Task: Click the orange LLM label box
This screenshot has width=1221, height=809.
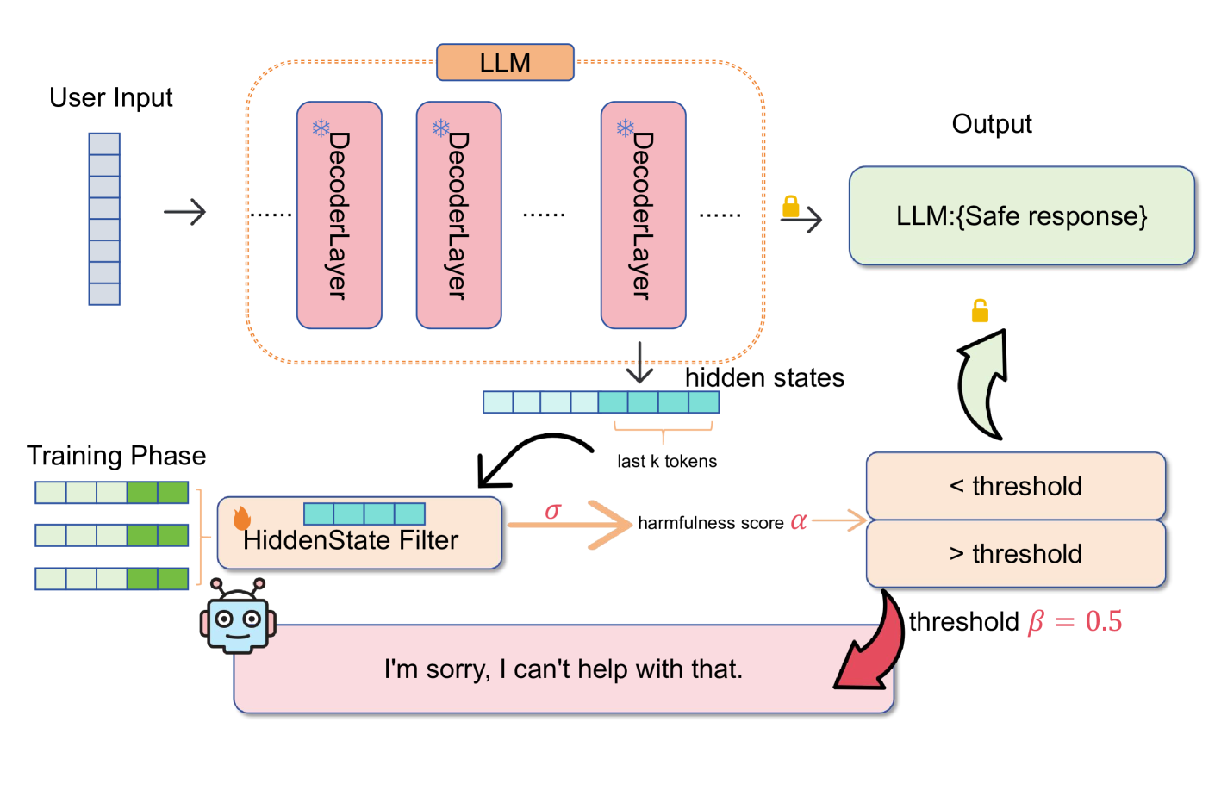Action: pyautogui.click(x=505, y=63)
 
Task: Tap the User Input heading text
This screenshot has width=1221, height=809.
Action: pyautogui.click(x=110, y=98)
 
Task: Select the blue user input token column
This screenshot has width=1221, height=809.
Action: pyautogui.click(x=104, y=219)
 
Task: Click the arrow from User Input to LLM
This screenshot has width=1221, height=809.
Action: pyautogui.click(x=185, y=212)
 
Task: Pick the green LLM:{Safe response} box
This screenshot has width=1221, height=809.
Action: pyautogui.click(x=1021, y=215)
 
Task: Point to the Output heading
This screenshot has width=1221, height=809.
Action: pyautogui.click(x=991, y=124)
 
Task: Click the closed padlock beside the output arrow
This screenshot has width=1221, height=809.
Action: pyautogui.click(x=790, y=206)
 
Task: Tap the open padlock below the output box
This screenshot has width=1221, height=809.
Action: pyautogui.click(x=980, y=310)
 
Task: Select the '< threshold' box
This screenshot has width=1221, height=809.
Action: pyautogui.click(x=1015, y=486)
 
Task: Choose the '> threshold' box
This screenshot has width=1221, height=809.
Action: pyautogui.click(x=1015, y=554)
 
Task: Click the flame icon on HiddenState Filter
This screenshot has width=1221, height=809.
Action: pyautogui.click(x=241, y=518)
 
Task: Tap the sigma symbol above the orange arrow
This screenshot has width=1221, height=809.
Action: pyautogui.click(x=552, y=511)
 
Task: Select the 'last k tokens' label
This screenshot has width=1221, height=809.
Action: pyautogui.click(x=666, y=462)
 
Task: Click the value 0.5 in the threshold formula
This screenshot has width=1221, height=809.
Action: pyautogui.click(x=1104, y=622)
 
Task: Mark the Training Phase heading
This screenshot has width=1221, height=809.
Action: pyautogui.click(x=116, y=456)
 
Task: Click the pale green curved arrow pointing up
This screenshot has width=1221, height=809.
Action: pyautogui.click(x=982, y=383)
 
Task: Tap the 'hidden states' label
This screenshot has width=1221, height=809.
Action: pyautogui.click(x=764, y=378)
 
